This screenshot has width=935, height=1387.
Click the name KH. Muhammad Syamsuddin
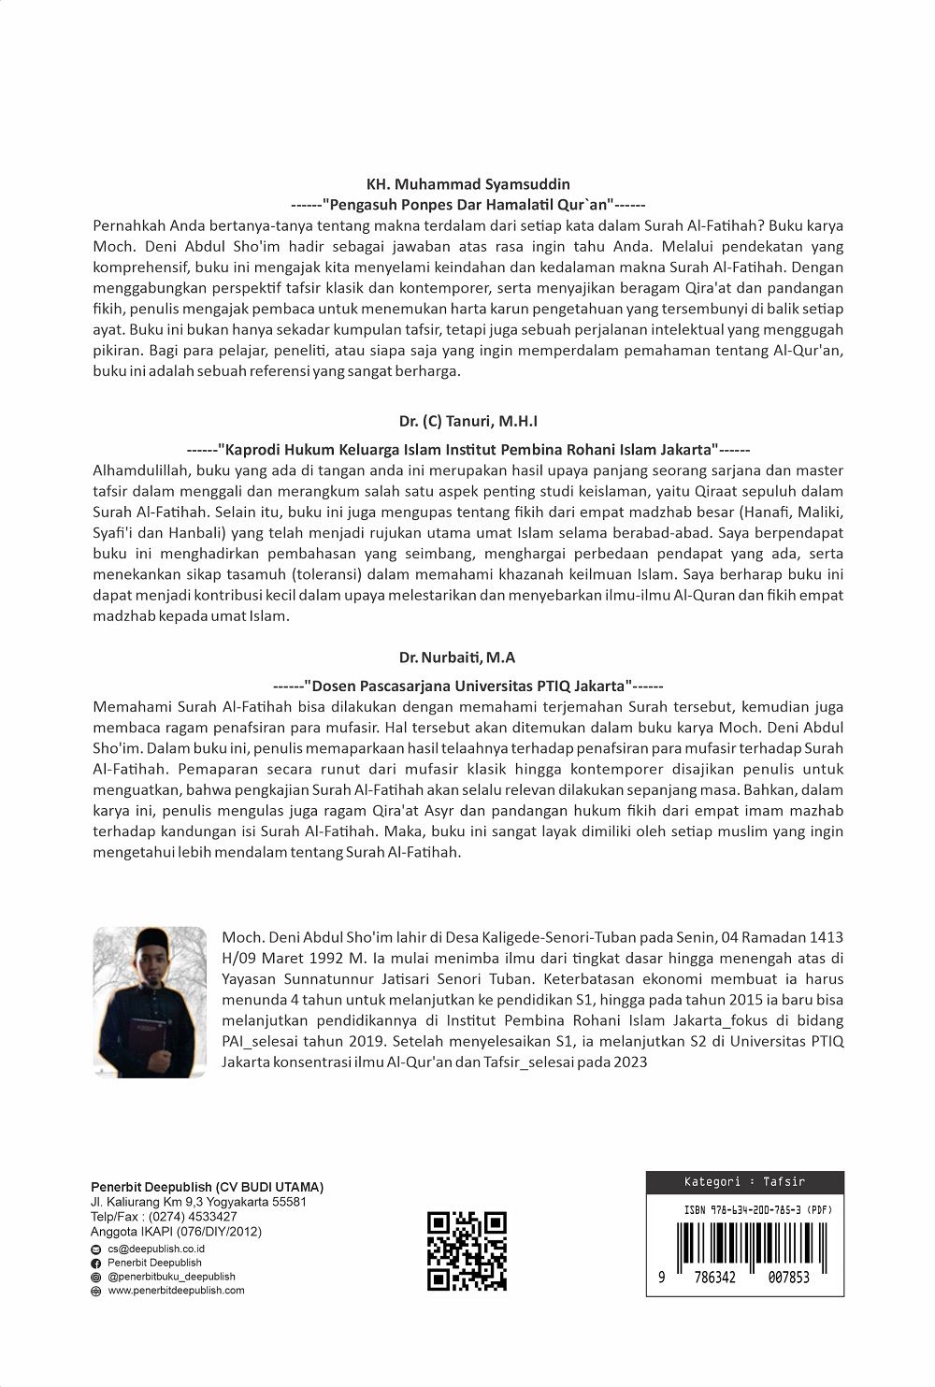click(x=468, y=184)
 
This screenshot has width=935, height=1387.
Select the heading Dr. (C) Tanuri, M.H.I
click(x=467, y=422)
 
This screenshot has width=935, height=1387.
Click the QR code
click(x=467, y=1250)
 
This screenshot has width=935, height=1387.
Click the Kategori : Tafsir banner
click(x=744, y=1181)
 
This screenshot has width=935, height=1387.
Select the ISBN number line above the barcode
click(x=757, y=1209)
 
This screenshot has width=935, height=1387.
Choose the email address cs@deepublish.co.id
click(x=156, y=1249)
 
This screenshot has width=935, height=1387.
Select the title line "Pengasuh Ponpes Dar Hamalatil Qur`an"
click(x=468, y=204)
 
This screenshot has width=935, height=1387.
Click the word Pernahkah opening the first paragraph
click(x=129, y=225)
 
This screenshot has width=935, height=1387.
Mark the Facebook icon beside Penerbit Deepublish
click(x=95, y=1263)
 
